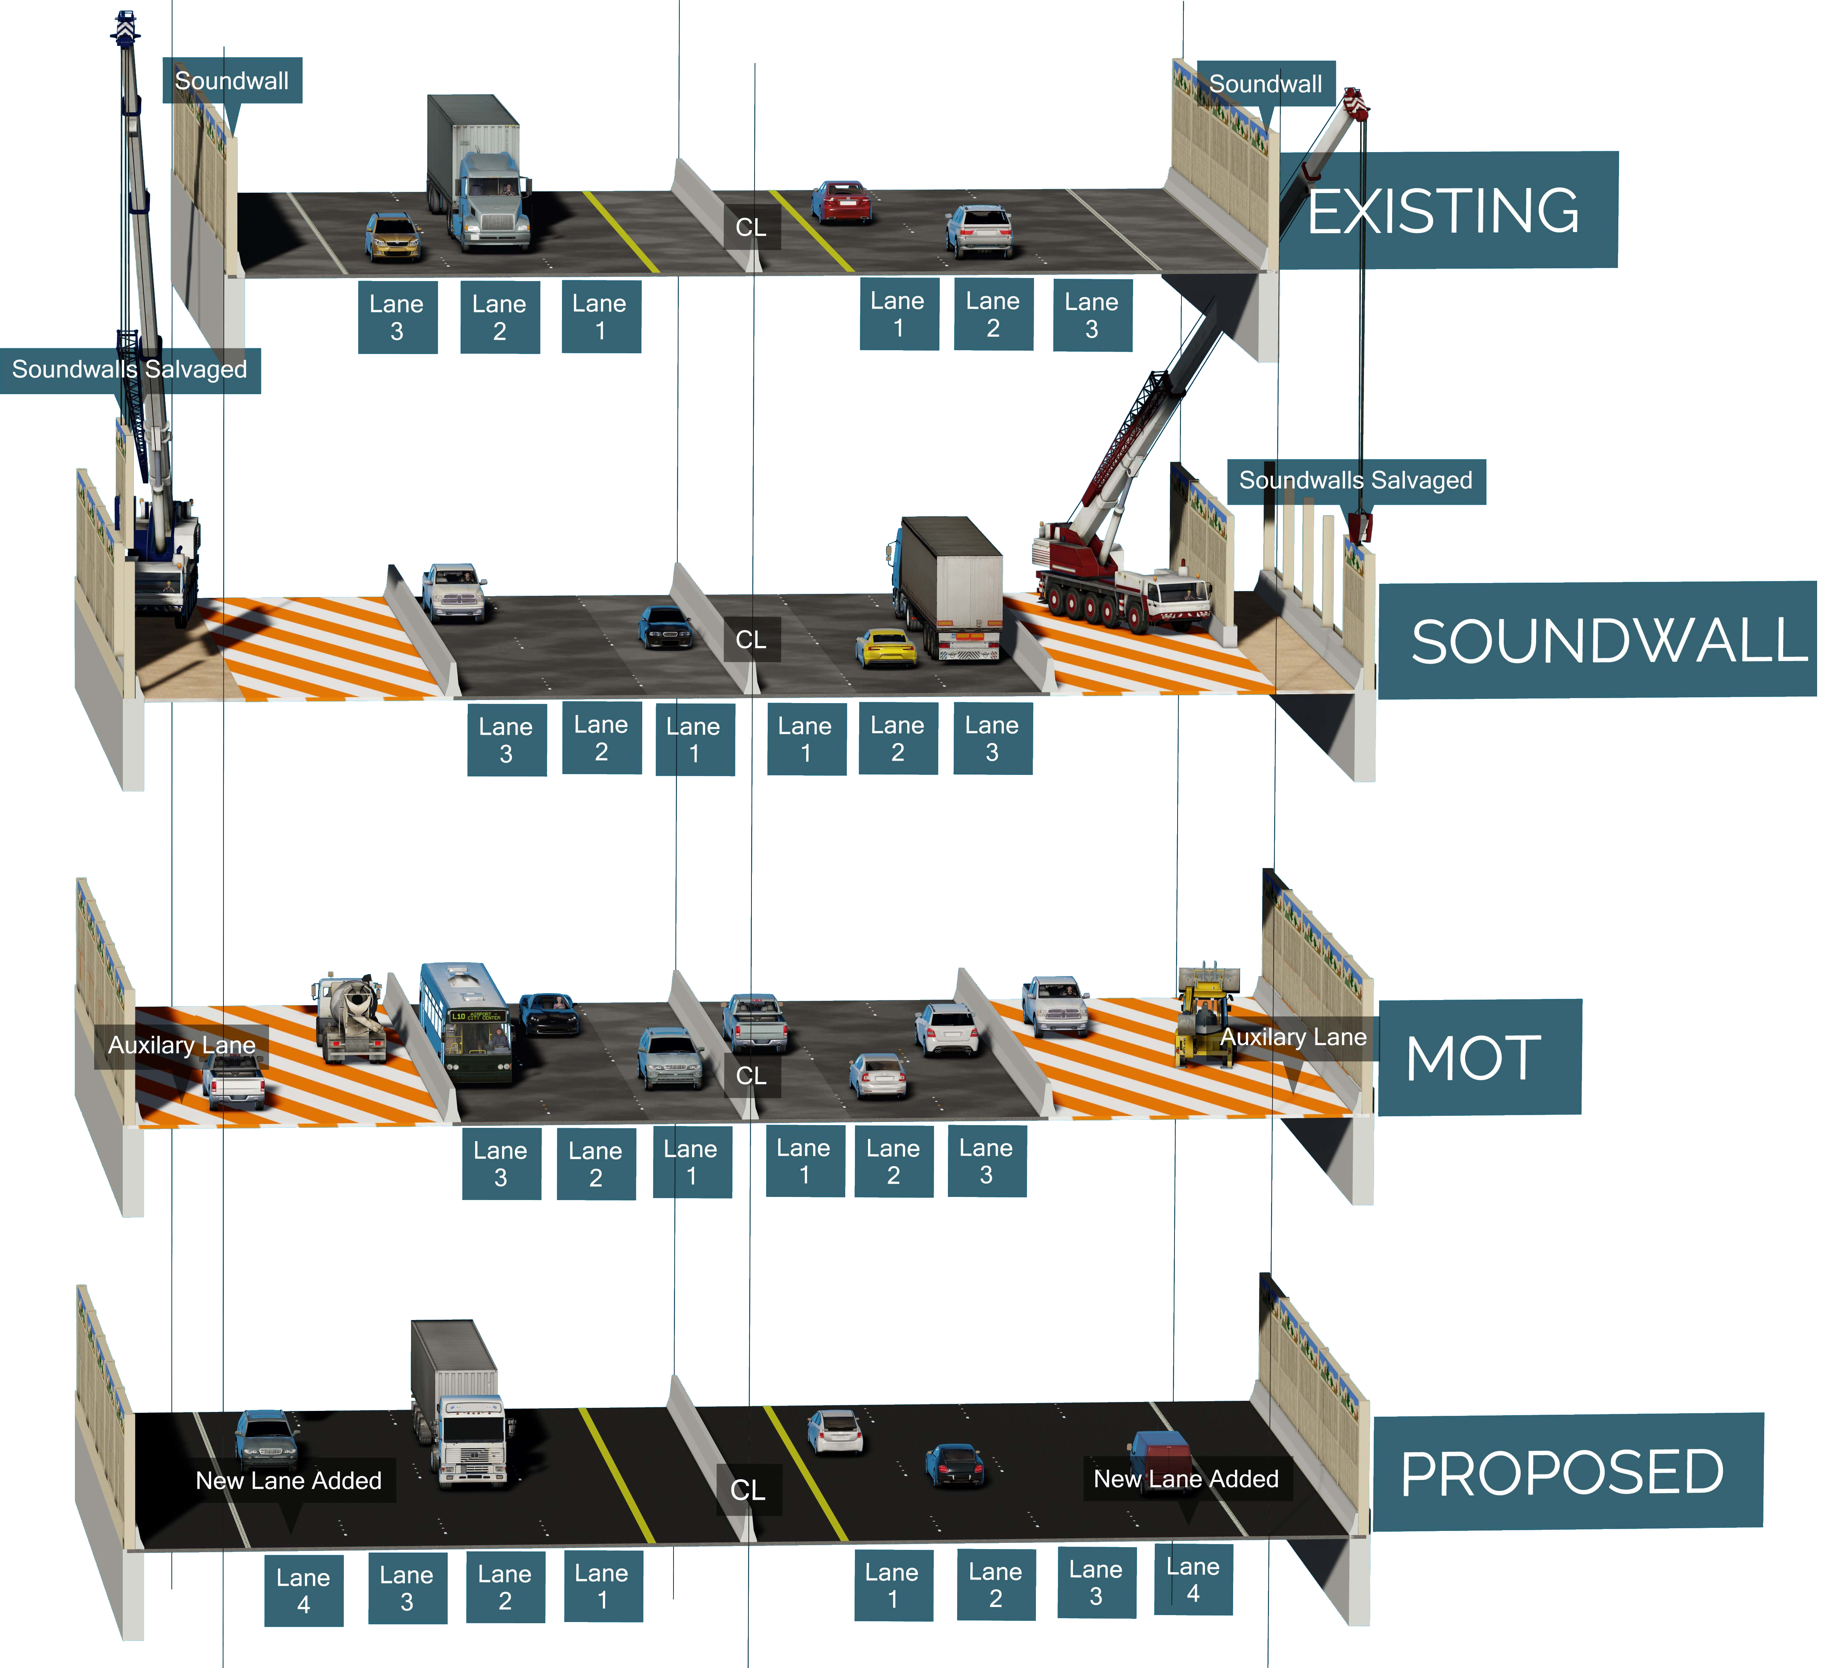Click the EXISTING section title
click(x=1444, y=211)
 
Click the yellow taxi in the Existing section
click(x=393, y=236)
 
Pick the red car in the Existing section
click(x=841, y=202)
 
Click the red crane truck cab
click(x=1176, y=595)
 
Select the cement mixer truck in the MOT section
click(x=350, y=1017)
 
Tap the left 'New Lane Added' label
click(x=289, y=1481)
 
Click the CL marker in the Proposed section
click(x=748, y=1490)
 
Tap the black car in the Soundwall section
click(x=666, y=627)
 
